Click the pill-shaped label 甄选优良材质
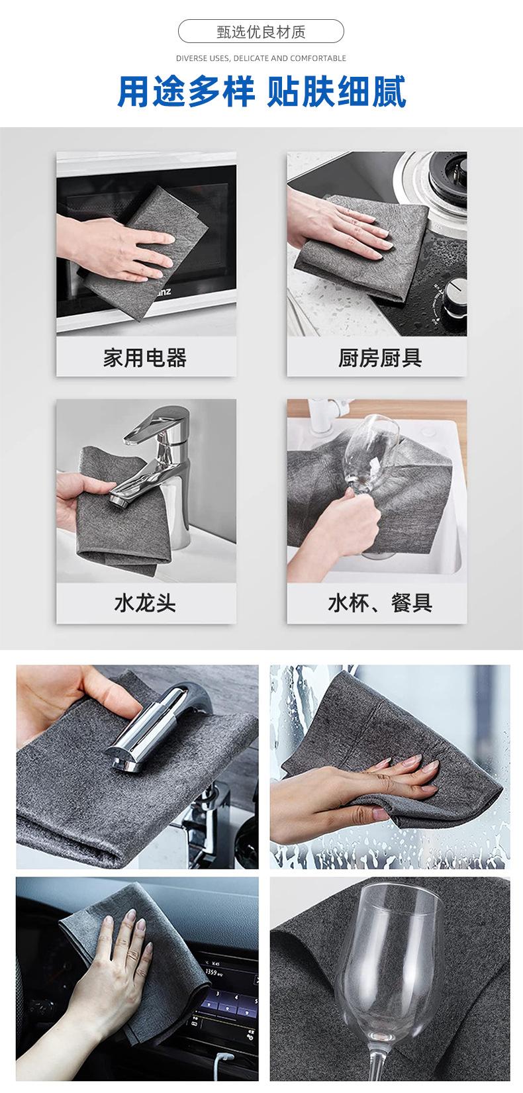(x=261, y=32)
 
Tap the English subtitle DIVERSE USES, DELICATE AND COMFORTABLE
(x=261, y=58)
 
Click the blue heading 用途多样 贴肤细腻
(x=261, y=91)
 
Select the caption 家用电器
(x=145, y=357)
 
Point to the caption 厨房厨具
(x=380, y=357)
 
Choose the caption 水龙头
(x=145, y=603)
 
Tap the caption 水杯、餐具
(x=380, y=603)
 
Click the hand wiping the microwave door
(x=117, y=249)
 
